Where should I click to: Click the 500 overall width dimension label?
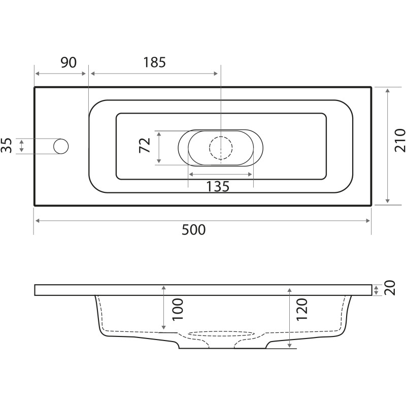coord(194,230)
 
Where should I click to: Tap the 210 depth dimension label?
coord(399,140)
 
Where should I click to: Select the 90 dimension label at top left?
coord(69,62)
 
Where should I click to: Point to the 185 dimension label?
coord(154,62)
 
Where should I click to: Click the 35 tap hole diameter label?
coord(7,146)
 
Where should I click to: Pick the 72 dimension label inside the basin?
coord(145,145)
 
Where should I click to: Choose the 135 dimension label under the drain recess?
coord(218,186)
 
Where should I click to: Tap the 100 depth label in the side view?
coord(178,310)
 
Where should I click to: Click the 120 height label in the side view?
coord(301,310)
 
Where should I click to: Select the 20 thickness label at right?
coord(390,288)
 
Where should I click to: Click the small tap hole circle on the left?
coord(61,146)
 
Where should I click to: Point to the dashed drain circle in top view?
coord(221,148)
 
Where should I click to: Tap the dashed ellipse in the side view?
coord(221,334)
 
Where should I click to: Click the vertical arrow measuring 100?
coord(163,308)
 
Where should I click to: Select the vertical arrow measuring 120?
coord(290,318)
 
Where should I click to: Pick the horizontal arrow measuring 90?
coord(60,74)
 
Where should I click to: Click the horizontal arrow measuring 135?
coord(221,174)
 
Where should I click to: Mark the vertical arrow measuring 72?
coord(159,147)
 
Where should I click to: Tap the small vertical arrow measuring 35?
coord(21,146)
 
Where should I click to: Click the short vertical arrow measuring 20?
coord(376,290)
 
